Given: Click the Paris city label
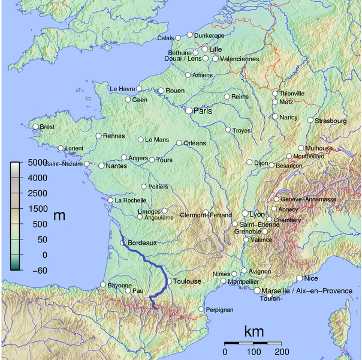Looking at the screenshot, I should point(203,111).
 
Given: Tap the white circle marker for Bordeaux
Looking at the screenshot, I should point(123,243).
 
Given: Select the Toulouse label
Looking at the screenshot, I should point(188,281).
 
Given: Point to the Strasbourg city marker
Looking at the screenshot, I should point(310,120).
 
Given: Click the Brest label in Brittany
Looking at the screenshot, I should point(47,127).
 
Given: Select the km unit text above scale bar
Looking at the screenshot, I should point(254,332).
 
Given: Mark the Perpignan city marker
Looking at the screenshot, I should point(201,309).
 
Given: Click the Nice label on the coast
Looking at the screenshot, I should point(312,278).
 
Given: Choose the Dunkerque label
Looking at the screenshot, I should point(209,35).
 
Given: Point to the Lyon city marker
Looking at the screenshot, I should point(245,213).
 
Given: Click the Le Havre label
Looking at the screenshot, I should point(122,89).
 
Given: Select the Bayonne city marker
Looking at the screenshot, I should point(103,284).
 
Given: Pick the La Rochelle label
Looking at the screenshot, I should point(130,200).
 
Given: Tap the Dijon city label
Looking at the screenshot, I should point(261,162).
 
